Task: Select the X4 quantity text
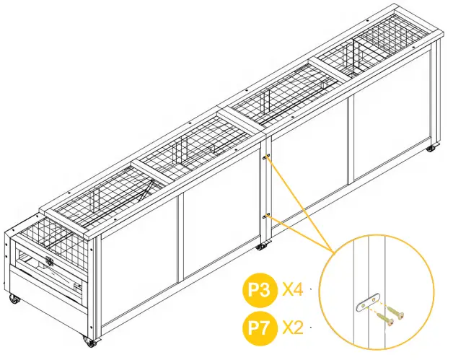292,291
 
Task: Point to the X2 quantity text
292,326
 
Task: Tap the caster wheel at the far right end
431,149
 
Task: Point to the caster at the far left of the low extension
12,298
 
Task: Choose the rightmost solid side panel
390,126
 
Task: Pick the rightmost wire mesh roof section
375,43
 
